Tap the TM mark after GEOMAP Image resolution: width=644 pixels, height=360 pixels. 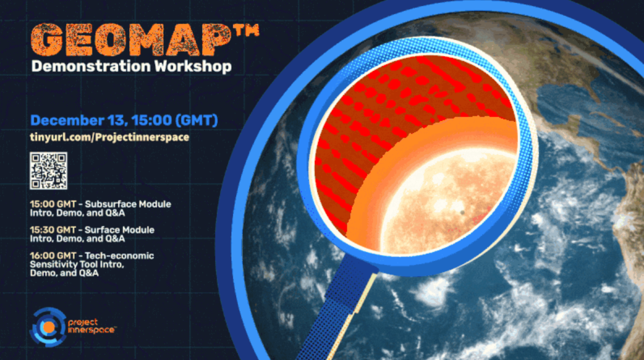tap(246, 31)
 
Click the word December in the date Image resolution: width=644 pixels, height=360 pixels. tap(67, 120)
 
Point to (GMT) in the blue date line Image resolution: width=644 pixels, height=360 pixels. tap(197, 120)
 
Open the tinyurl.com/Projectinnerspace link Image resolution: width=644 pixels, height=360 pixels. tap(109, 137)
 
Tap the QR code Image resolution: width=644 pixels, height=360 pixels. tap(48, 170)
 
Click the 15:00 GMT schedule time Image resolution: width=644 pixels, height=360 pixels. tap(53, 204)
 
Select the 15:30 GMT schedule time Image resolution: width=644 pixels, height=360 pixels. tap(53, 230)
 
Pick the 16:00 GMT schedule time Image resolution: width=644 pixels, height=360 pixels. tap(53, 256)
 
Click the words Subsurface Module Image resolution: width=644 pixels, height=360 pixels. tap(128, 204)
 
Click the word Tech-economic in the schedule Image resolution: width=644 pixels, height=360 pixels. tap(119, 256)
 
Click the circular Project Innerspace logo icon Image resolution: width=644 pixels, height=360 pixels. tap(48, 327)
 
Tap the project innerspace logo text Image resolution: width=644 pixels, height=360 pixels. tap(91, 326)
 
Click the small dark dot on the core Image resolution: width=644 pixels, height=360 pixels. tap(462, 212)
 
